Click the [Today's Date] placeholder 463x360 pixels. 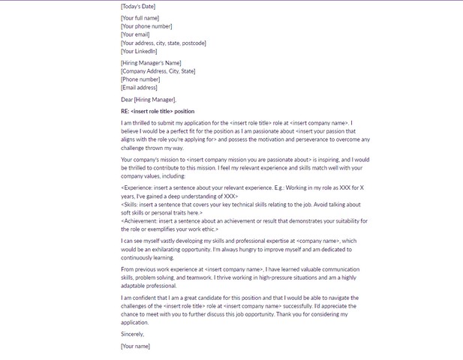click(x=139, y=6)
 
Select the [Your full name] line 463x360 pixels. click(x=140, y=18)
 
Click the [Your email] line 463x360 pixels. click(x=136, y=34)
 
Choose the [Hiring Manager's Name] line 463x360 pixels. click(x=151, y=63)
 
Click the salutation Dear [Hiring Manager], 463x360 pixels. click(x=149, y=100)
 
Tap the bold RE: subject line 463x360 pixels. click(x=157, y=111)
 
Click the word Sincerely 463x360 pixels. click(x=131, y=334)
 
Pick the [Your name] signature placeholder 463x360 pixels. click(x=136, y=346)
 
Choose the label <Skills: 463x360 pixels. click(x=131, y=204)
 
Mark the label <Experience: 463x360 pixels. click(x=138, y=187)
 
